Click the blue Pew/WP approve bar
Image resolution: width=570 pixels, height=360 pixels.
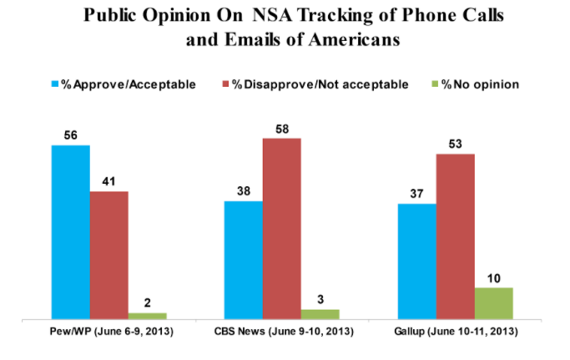[x=70, y=232]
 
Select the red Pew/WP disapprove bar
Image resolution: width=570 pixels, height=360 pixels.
[x=108, y=256]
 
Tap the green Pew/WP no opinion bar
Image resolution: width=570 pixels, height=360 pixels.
[x=147, y=315]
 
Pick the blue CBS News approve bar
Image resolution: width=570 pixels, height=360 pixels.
[x=243, y=260]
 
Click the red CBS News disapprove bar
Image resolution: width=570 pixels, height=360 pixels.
[x=281, y=228]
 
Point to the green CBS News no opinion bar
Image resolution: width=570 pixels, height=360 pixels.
[x=320, y=314]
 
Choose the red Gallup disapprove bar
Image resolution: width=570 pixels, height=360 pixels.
[x=455, y=236]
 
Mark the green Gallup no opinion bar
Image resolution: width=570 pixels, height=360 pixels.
[x=493, y=303]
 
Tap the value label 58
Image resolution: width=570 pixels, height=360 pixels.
[x=281, y=128]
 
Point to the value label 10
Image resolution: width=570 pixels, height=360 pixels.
[x=493, y=277]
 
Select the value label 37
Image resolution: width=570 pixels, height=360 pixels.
[x=416, y=193]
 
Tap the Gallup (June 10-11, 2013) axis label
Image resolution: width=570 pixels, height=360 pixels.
[x=456, y=334]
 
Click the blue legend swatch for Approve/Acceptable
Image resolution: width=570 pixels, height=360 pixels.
[x=57, y=83]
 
